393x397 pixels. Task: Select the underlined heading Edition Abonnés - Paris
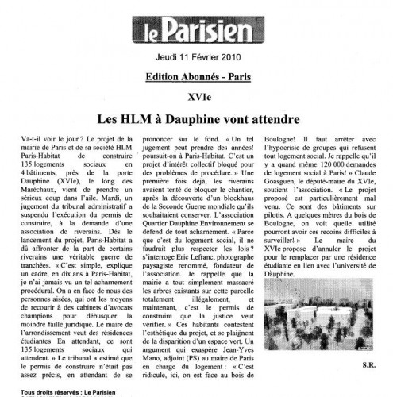point(196,79)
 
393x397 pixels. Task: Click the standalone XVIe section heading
point(196,98)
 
